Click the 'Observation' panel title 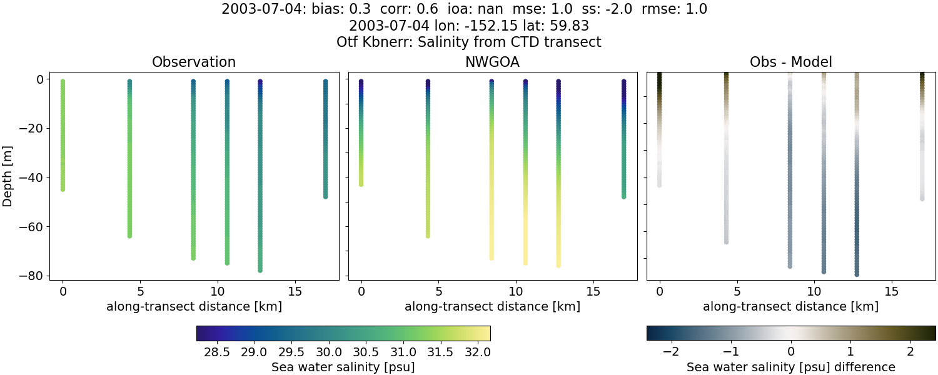(x=194, y=62)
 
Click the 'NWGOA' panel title (x=492, y=62)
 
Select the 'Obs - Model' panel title (x=790, y=62)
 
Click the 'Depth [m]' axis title (x=8, y=177)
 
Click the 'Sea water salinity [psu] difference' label (x=790, y=367)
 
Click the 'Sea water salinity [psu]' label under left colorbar (x=343, y=367)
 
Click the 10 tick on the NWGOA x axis (x=516, y=291)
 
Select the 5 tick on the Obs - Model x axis (x=737, y=291)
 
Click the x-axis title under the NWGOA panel (x=492, y=306)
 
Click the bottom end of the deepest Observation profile (x=260, y=270)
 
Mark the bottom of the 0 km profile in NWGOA (x=361, y=184)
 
